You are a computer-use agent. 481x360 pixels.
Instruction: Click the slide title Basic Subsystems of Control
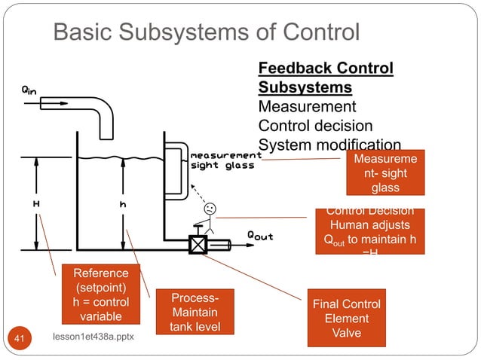click(206, 32)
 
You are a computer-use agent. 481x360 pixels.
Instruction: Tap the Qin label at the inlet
click(28, 90)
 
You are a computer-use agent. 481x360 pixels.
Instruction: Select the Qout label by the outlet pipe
click(260, 236)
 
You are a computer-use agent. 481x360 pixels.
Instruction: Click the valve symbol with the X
click(198, 246)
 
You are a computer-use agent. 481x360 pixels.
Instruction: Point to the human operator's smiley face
click(210, 208)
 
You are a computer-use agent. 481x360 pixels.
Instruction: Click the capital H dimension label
click(35, 204)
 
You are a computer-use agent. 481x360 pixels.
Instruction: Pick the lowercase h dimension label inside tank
click(122, 204)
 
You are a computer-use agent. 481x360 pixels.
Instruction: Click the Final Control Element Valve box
click(346, 318)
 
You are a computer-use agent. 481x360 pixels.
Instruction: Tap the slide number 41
click(20, 341)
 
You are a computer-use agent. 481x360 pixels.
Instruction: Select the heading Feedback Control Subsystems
click(326, 78)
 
